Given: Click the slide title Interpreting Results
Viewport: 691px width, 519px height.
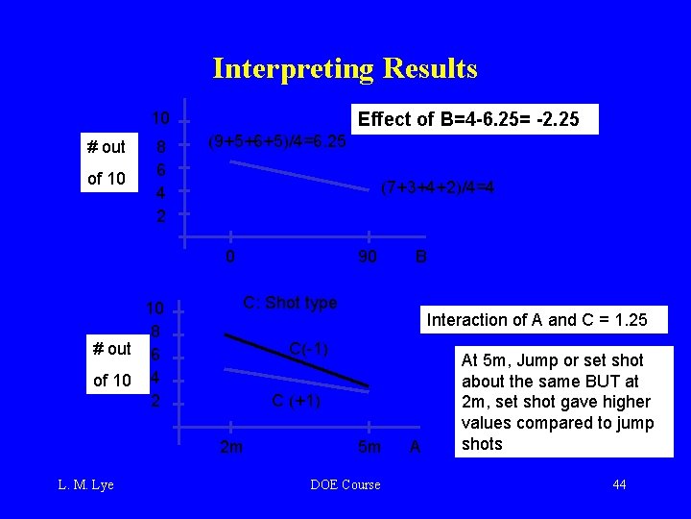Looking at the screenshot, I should point(345,68).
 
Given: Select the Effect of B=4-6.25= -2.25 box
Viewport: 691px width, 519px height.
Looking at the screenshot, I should point(476,119).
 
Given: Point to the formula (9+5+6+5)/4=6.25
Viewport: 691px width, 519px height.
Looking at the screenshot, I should point(277,140).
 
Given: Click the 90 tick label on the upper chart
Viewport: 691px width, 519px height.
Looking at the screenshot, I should point(366,257).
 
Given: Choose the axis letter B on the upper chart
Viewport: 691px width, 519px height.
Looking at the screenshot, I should point(420,257).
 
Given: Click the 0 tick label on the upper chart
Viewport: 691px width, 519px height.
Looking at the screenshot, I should point(230,257).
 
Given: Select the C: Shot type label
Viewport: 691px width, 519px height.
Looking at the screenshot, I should point(290,303).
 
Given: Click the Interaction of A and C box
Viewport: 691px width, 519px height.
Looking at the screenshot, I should point(536,320).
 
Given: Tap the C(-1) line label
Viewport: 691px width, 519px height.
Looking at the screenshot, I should point(308,349).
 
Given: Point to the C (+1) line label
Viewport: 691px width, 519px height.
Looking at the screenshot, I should point(297,401).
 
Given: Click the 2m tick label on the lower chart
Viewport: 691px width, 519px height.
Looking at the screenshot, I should point(231,447).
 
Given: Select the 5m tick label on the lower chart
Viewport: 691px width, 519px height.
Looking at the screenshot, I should point(369,447).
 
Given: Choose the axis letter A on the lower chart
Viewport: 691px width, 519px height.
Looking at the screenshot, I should point(415,447).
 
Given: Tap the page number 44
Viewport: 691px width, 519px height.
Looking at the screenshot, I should point(619,484).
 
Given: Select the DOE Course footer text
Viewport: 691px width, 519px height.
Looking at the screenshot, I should point(345,484).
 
